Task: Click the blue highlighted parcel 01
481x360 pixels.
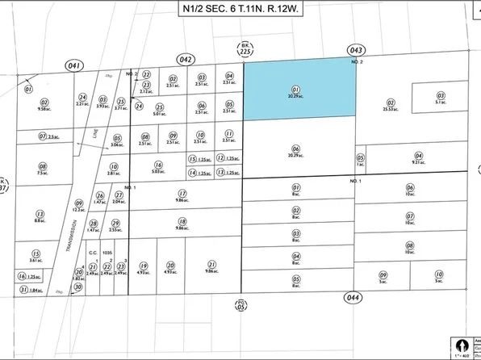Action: click(299, 88)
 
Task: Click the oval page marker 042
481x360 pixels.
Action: click(186, 58)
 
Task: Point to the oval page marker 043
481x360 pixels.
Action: click(355, 50)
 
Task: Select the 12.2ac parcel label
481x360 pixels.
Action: click(78, 208)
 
